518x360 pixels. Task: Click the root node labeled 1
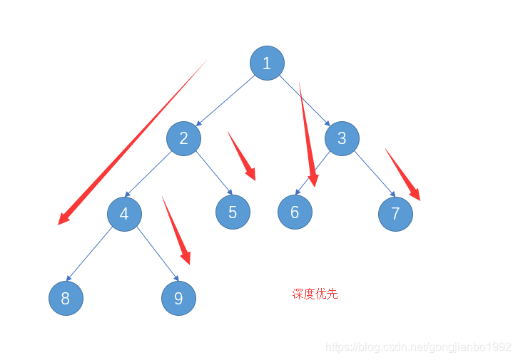point(267,63)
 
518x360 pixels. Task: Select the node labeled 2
point(183,138)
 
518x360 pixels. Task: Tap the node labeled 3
point(342,138)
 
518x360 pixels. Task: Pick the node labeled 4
point(124,214)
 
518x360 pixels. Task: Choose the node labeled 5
point(233,212)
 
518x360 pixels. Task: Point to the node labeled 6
point(295,212)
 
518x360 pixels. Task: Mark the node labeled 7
point(395,214)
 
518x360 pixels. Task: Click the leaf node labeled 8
point(66,298)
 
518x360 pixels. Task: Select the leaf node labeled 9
point(178,298)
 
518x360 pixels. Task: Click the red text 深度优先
point(315,294)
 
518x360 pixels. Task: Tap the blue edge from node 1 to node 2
point(225,101)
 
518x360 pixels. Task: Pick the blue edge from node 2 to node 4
point(154,175)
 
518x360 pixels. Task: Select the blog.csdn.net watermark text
point(418,347)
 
